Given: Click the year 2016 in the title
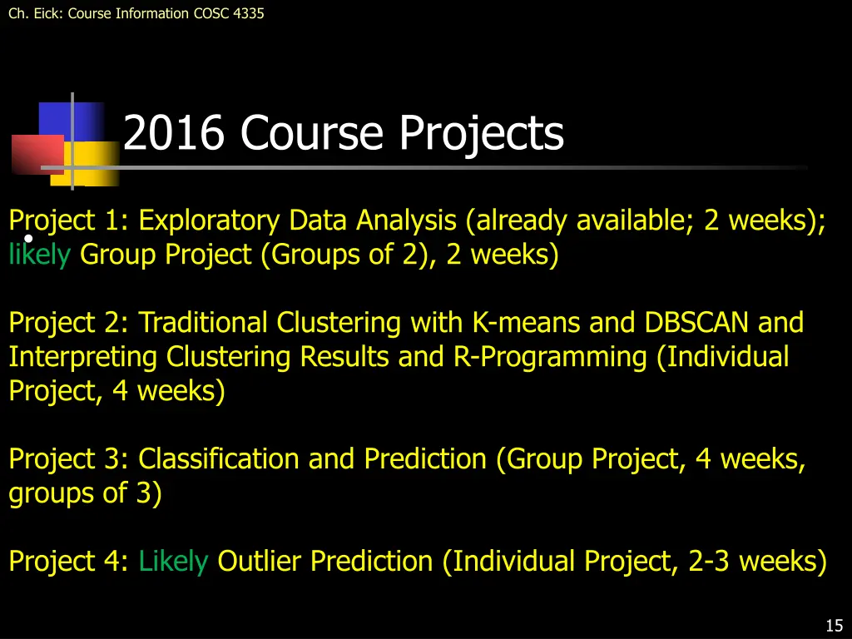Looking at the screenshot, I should pyautogui.click(x=173, y=133).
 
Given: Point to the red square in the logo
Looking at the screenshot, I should pyautogui.click(x=37, y=153).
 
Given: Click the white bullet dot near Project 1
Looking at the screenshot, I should pyautogui.click(x=27, y=239).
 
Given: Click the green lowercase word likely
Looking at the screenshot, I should pyautogui.click(x=39, y=255).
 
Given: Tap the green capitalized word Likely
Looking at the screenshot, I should pyautogui.click(x=173, y=562).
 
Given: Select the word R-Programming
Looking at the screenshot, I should pyautogui.click(x=551, y=357).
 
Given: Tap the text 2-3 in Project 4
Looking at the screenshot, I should pyautogui.click(x=710, y=562).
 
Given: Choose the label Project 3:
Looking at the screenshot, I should pyautogui.click(x=70, y=458).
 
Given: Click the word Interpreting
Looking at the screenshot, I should pyautogui.click(x=84, y=357).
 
